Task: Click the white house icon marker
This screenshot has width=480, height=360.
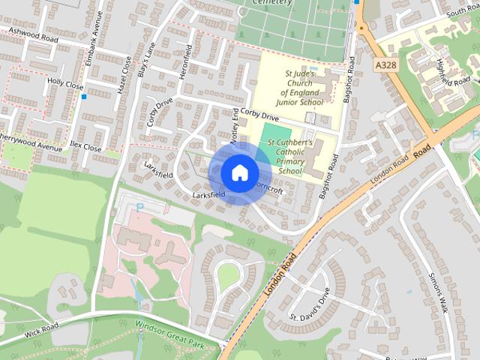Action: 238,172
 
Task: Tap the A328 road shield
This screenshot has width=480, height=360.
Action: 385,66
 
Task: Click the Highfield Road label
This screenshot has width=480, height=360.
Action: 452,71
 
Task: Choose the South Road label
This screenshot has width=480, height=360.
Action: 463,13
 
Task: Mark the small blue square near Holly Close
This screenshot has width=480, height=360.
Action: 84,97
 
